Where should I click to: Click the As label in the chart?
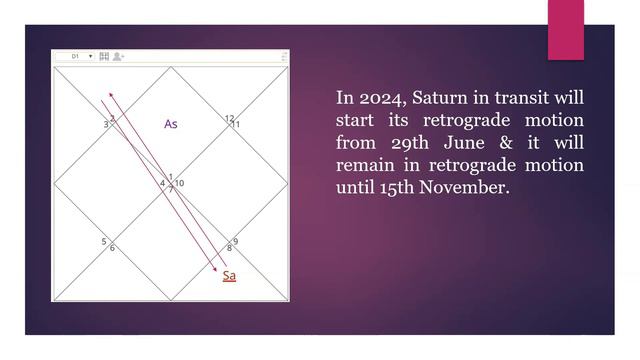pyautogui.click(x=171, y=124)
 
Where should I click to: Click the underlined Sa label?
pyautogui.click(x=229, y=275)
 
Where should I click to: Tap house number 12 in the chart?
pyautogui.click(x=230, y=118)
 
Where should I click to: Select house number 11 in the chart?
pyautogui.click(x=236, y=125)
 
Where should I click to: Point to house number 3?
pyautogui.click(x=105, y=125)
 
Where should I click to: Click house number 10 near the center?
pyautogui.click(x=179, y=184)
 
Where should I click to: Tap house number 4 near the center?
pyautogui.click(x=162, y=184)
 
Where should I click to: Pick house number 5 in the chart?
pyautogui.click(x=104, y=242)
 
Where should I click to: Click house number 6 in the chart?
pyautogui.click(x=112, y=248)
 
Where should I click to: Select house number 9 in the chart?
pyautogui.click(x=235, y=241)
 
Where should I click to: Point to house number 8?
pyautogui.click(x=229, y=248)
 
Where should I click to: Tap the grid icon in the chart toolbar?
pyautogui.click(x=104, y=57)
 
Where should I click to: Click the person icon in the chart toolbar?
pyautogui.click(x=118, y=57)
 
